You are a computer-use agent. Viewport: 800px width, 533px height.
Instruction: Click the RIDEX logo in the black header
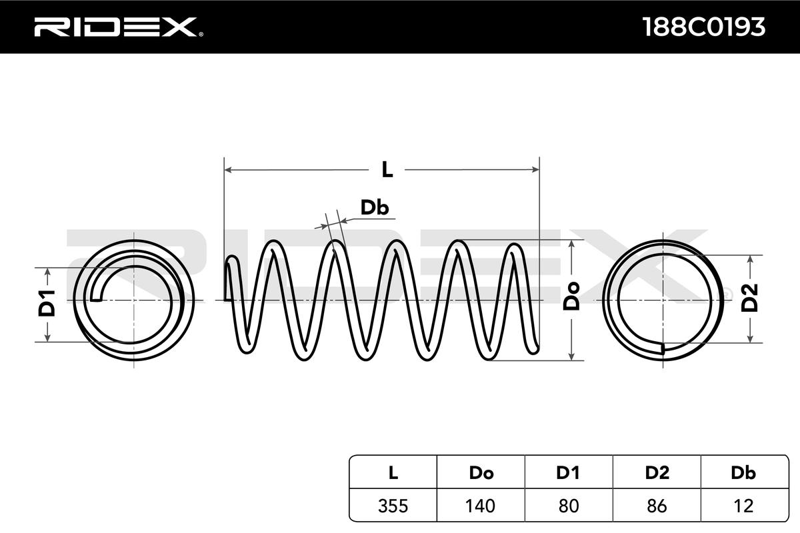pyautogui.click(x=119, y=27)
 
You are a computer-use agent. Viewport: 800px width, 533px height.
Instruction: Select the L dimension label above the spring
pyautogui.click(x=387, y=170)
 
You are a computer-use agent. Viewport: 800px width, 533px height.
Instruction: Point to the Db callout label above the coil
pyautogui.click(x=374, y=207)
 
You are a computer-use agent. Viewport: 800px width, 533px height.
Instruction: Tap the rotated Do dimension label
pyautogui.click(x=571, y=296)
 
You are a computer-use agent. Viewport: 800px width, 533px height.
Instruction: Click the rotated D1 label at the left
pyautogui.click(x=47, y=304)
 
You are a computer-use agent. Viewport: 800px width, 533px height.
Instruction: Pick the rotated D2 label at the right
pyautogui.click(x=749, y=298)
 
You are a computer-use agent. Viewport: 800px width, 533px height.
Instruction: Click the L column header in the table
pyautogui.click(x=393, y=472)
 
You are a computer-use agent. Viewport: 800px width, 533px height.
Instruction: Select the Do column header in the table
pyautogui.click(x=481, y=472)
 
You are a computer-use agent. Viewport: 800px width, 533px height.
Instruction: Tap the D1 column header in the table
pyautogui.click(x=568, y=472)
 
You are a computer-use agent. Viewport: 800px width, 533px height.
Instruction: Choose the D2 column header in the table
pyautogui.click(x=657, y=472)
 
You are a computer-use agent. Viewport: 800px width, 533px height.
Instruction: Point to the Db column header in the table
pyautogui.click(x=743, y=472)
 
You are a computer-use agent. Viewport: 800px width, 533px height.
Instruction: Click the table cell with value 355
pyautogui.click(x=393, y=506)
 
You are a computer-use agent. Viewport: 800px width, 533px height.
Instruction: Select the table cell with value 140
pyautogui.click(x=481, y=506)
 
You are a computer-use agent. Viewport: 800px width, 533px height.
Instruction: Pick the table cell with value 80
pyautogui.click(x=568, y=506)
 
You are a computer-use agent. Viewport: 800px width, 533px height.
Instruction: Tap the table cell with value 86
pyautogui.click(x=657, y=506)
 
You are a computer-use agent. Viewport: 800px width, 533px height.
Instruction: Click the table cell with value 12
pyautogui.click(x=743, y=506)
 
